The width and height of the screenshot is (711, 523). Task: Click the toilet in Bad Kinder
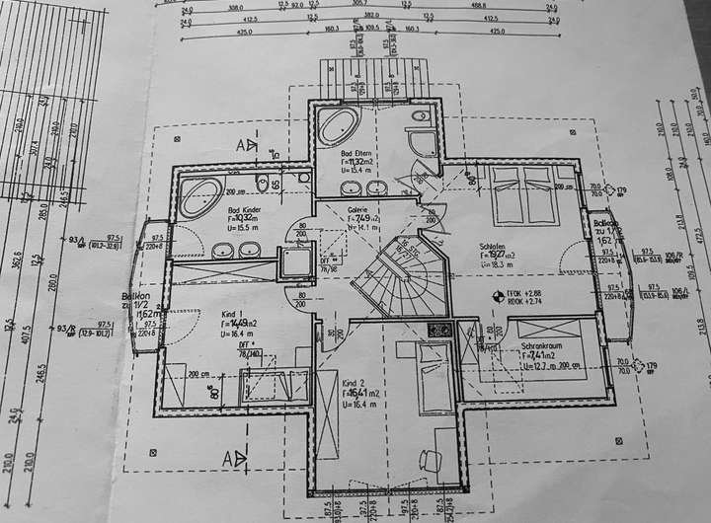(262, 185)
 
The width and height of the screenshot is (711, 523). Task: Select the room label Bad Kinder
(246, 209)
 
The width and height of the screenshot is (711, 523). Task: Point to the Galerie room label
(357, 209)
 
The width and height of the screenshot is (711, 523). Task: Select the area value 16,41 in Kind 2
(363, 392)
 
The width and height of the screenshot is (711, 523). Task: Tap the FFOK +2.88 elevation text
(524, 293)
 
